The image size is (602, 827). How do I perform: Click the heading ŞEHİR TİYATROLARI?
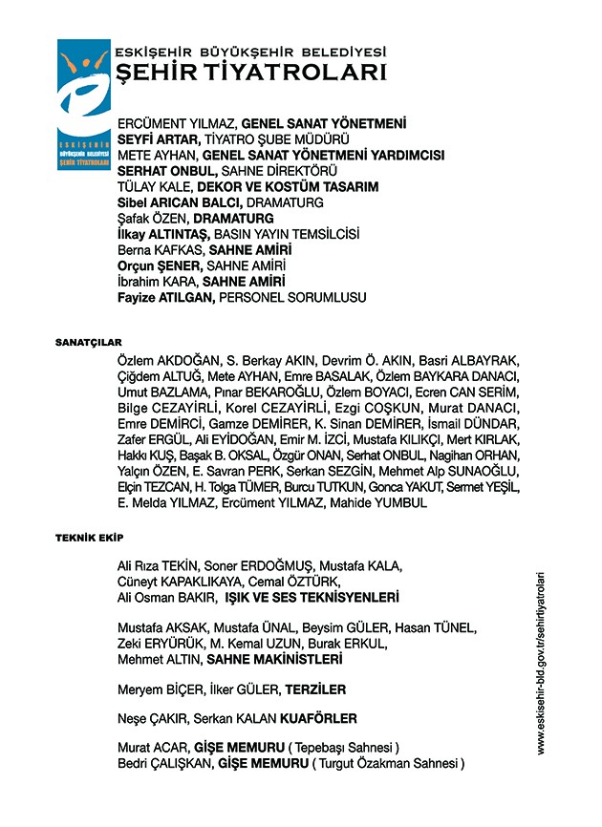(x=250, y=73)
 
